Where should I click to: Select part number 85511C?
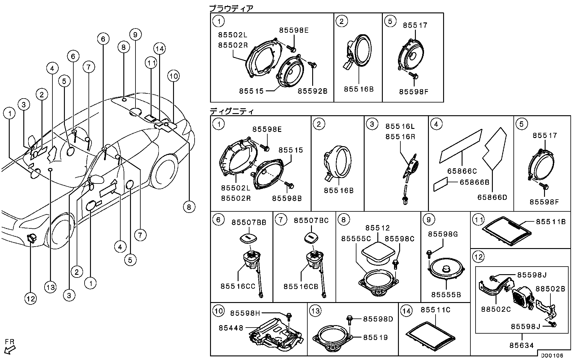(436, 310)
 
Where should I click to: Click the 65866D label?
(492, 197)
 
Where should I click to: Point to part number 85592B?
(312, 91)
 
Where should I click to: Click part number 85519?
(376, 338)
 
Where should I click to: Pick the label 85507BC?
(311, 220)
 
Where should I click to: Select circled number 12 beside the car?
(31, 299)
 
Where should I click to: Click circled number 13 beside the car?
(50, 287)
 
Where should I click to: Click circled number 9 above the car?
(135, 34)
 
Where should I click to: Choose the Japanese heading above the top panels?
(231, 8)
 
